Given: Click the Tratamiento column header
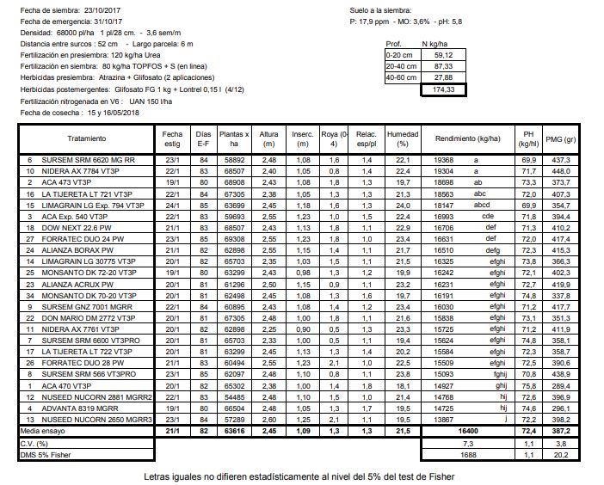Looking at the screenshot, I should pos(86,138).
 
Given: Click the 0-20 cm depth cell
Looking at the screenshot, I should pos(401,53).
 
